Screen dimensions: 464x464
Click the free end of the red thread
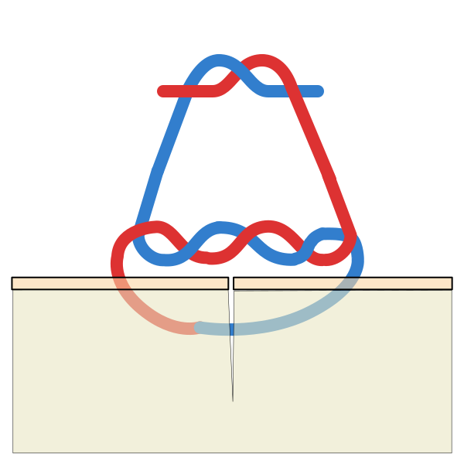(x=162, y=91)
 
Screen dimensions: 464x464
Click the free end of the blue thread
(x=318, y=91)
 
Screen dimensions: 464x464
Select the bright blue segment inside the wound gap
(x=231, y=329)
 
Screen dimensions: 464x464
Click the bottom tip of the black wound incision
(x=233, y=399)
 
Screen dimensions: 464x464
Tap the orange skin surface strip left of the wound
(x=116, y=283)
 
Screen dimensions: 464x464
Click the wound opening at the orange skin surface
(x=230, y=283)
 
